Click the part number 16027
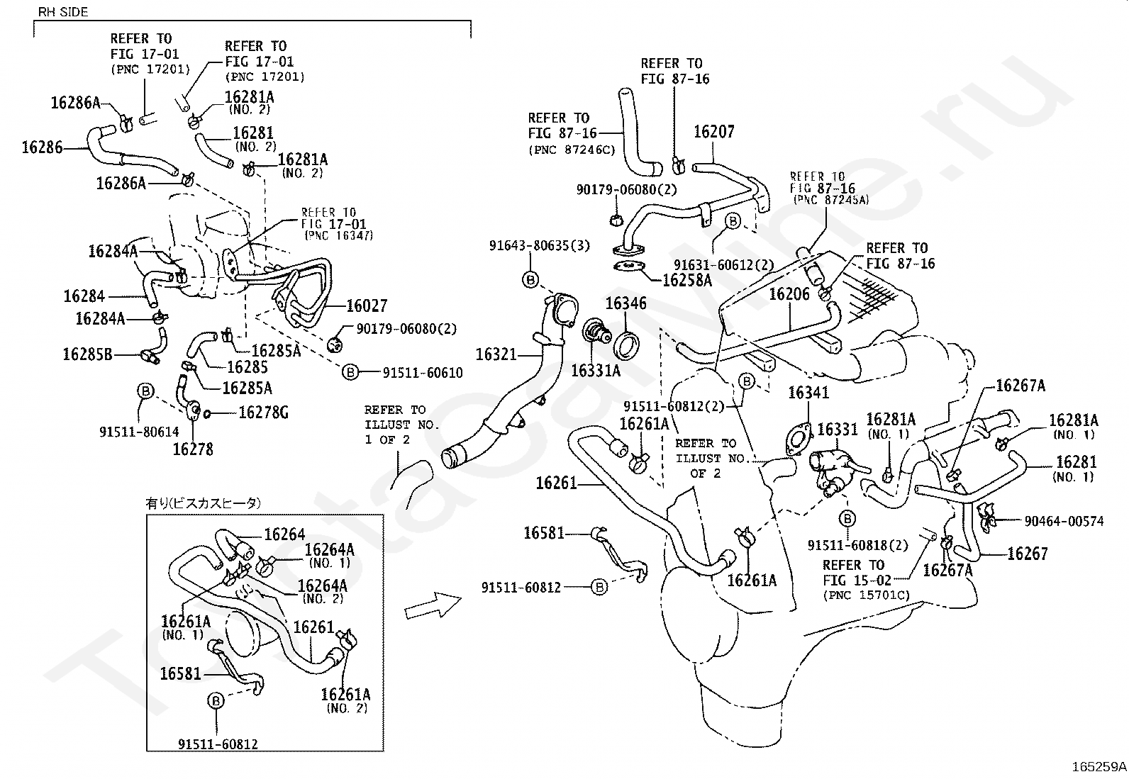coord(367,306)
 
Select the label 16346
coord(625,304)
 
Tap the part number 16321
coord(496,354)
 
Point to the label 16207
coord(713,132)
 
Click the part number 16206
coord(789,294)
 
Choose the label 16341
coord(808,393)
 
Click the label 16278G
coord(263,412)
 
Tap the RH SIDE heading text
coord(63,12)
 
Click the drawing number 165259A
coord(1099,766)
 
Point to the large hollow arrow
coord(433,605)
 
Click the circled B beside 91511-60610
coord(350,372)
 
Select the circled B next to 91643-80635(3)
coord(530,279)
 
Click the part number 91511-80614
coord(140,430)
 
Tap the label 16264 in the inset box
coord(284,534)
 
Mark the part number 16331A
coord(595,370)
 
